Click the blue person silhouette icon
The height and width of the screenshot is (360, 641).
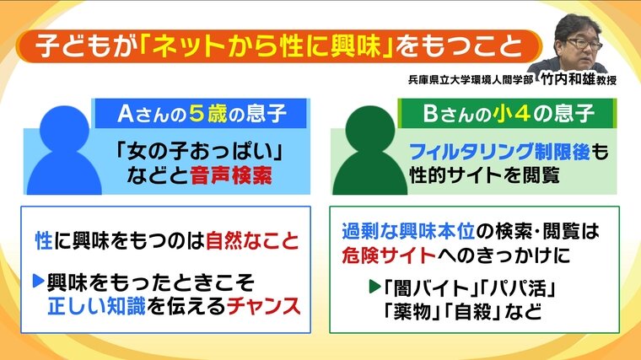64,150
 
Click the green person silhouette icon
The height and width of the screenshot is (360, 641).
369,150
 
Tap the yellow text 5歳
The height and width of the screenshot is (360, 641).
207,114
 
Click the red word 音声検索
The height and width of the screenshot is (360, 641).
231,176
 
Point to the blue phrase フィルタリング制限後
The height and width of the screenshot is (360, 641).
499,152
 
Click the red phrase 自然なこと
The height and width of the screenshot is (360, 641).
252,240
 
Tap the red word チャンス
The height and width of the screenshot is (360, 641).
264,307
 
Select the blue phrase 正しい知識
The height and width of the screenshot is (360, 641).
96,307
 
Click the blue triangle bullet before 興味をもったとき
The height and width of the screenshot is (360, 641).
38,281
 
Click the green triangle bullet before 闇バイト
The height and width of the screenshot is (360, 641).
374,287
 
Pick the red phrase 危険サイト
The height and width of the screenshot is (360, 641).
389,255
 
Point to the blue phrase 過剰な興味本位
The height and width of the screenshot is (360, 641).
408,231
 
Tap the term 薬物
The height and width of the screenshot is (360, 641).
411,312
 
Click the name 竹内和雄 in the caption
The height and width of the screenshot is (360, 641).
568,79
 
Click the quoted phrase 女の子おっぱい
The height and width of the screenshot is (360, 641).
200,152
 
